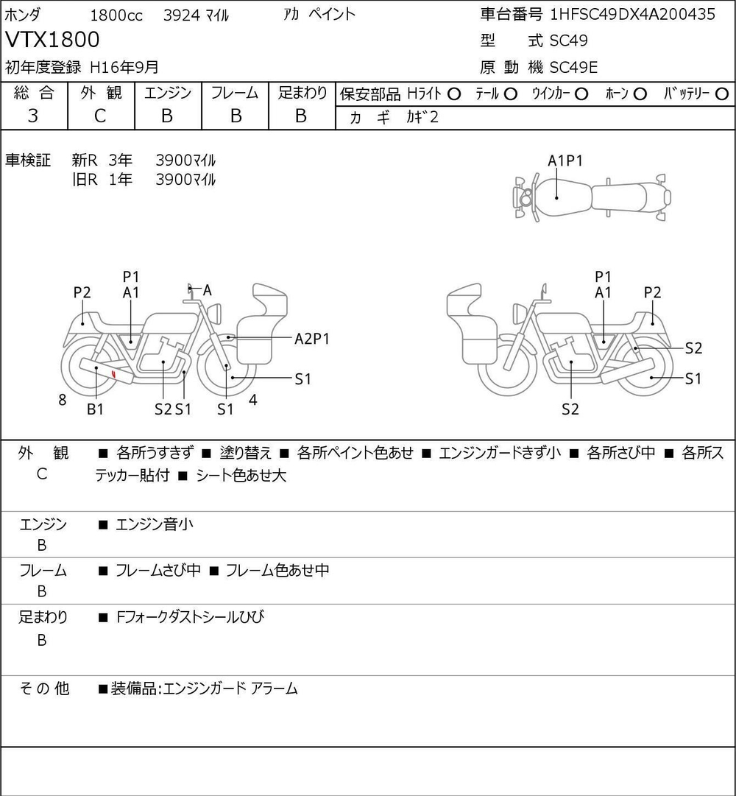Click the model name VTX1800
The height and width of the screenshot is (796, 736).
52,39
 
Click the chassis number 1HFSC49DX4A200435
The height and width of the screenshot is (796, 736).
633,15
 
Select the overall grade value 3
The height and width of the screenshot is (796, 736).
33,116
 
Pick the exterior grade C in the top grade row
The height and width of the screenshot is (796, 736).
101,116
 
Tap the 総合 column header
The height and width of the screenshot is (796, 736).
34,94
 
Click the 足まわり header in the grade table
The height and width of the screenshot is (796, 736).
302,94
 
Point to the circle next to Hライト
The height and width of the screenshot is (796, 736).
454,94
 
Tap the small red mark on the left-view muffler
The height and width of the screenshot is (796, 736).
113,375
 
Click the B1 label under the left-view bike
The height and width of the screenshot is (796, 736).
96,409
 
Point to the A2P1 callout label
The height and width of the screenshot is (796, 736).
312,339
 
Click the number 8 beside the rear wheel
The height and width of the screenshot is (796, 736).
63,401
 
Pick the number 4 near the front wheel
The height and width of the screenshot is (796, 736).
253,401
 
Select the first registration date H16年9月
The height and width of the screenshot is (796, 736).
124,67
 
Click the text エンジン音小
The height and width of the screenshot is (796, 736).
155,525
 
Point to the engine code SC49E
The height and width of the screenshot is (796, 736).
574,68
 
